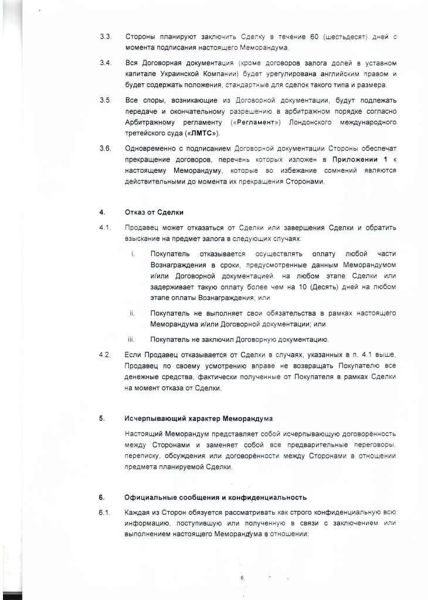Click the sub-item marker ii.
click(132, 313)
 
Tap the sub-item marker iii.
click(132, 339)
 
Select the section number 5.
click(101, 419)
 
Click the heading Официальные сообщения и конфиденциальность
click(216, 498)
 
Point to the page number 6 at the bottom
click(242, 578)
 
